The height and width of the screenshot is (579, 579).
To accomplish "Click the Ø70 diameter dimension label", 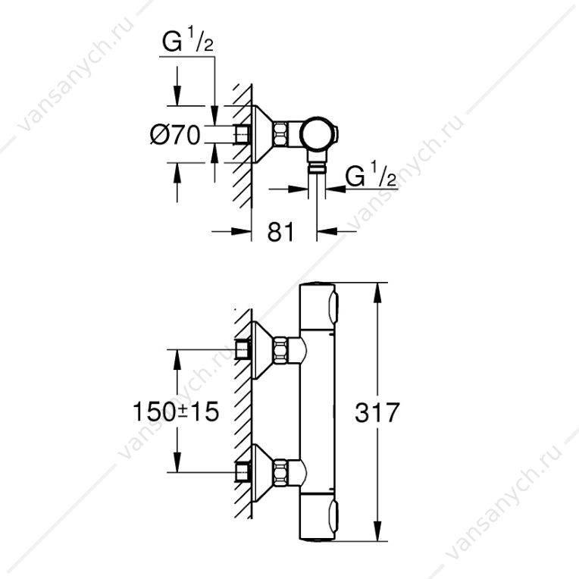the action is (x=175, y=134).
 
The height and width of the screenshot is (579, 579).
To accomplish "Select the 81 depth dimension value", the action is (x=280, y=232).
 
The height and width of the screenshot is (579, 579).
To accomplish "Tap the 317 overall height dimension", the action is (x=377, y=412).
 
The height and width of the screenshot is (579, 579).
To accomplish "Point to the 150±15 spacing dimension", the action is (x=176, y=412).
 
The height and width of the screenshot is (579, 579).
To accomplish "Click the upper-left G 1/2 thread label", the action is (x=188, y=41).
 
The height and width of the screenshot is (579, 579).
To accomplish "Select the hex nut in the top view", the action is (x=280, y=134).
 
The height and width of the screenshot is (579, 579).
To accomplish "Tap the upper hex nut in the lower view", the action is (x=281, y=349).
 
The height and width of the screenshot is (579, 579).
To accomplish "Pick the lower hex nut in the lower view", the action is (x=281, y=472).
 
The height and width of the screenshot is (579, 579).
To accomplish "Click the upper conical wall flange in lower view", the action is (x=261, y=349).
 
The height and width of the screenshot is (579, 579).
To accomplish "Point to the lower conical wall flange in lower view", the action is (x=261, y=472).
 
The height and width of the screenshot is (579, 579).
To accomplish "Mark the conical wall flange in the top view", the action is (x=261, y=134).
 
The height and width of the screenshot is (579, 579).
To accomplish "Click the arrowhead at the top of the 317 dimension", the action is (x=377, y=292).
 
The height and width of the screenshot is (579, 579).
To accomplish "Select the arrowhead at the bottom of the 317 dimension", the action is (x=377, y=532).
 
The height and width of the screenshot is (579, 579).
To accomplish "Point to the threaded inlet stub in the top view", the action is (x=243, y=134).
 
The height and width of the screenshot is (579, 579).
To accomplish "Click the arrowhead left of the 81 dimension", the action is (x=242, y=232).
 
